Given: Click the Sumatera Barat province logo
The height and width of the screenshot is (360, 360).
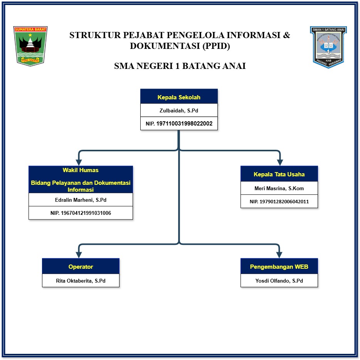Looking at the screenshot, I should (x=30, y=46).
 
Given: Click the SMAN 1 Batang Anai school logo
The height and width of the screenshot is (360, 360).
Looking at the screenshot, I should (x=328, y=47).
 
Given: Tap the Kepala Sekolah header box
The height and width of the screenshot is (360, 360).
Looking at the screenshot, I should (x=179, y=97).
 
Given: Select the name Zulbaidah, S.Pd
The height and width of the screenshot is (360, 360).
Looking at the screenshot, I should (x=179, y=111).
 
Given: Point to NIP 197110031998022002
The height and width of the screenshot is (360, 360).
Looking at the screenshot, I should (x=179, y=124).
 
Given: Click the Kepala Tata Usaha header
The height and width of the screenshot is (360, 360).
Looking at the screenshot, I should (x=279, y=174).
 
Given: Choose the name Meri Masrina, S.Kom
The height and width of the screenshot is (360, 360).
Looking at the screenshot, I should (x=279, y=188).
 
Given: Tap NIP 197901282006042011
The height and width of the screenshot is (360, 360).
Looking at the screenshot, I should (x=279, y=201).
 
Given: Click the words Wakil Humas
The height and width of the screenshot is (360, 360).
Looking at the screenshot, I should (x=81, y=170).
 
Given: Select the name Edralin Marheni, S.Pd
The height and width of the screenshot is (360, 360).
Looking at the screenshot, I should (x=81, y=200).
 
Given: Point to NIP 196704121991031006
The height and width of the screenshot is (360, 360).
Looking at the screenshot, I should (x=81, y=213).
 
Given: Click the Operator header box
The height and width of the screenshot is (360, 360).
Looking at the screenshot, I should (x=81, y=266).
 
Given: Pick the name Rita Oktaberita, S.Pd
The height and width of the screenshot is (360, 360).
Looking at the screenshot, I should (x=81, y=281).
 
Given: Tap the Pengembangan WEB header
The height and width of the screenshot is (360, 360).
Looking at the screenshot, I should (x=279, y=266).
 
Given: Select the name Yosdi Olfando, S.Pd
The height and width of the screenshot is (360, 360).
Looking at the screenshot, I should (x=279, y=281).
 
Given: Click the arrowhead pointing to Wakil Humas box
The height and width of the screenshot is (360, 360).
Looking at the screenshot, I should (x=79, y=162).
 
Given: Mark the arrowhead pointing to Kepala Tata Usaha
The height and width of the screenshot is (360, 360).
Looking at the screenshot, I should (x=279, y=162).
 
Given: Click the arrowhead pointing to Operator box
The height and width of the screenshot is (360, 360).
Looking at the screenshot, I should (x=79, y=255).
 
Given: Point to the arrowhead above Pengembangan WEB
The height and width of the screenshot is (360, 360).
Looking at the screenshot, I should (x=279, y=255).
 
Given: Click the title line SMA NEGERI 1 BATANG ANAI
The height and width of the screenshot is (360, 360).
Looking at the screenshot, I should (x=180, y=66).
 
